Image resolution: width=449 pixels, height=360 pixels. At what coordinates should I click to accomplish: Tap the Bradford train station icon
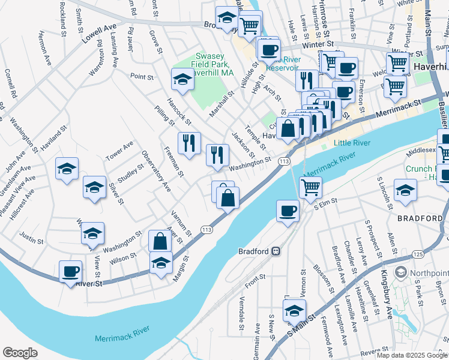pyautogui.click(x=276, y=251)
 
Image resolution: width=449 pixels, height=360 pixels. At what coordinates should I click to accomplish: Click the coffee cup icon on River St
pyautogui.click(x=71, y=271)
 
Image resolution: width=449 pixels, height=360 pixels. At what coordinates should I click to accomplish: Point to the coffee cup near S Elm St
pyautogui.click(x=288, y=211)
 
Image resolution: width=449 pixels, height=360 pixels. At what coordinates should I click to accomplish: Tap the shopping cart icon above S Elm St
pyautogui.click(x=310, y=187)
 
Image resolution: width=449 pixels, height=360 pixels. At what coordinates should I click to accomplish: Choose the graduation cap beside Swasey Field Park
pyautogui.click(x=182, y=78)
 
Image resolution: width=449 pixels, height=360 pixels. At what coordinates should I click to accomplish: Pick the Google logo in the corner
pyautogui.click(x=20, y=353)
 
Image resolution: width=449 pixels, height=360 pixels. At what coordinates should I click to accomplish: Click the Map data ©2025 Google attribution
pyautogui.click(x=412, y=355)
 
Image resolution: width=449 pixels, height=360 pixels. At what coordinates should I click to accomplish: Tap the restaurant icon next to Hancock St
pyautogui.click(x=189, y=143)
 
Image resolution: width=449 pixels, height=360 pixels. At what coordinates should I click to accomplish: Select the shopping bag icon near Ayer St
pyautogui.click(x=160, y=241)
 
